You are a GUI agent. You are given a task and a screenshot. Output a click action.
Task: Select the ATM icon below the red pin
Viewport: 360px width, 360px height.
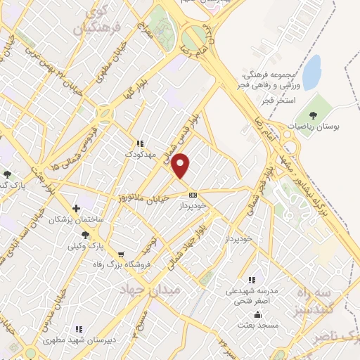(x=193, y=195)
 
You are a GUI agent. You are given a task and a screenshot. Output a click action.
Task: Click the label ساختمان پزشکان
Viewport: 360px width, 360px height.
(x=76, y=219)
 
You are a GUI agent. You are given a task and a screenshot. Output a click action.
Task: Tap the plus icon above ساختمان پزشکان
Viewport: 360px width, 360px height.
(x=76, y=208)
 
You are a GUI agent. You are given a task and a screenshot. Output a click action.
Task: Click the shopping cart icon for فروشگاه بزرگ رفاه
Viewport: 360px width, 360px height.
(x=122, y=254)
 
